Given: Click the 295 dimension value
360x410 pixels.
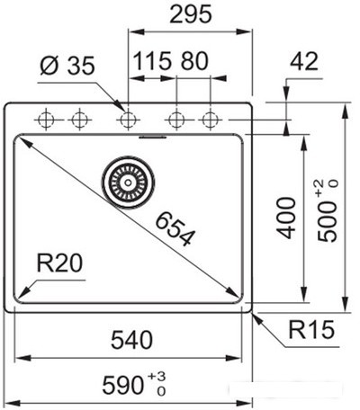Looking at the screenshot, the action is click(191, 14).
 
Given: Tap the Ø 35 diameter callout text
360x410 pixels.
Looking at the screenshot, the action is click(67, 65).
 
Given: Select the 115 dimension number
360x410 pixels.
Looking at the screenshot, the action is click(152, 61).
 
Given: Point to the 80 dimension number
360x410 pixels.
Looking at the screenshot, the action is click(194, 61).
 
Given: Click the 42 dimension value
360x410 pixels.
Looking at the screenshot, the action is click(304, 61).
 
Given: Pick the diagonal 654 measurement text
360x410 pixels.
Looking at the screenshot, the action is click(175, 228).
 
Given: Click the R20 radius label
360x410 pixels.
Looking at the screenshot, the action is click(59, 263).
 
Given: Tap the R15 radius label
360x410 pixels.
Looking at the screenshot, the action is click(311, 330).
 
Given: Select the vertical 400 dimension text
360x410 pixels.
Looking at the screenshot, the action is click(286, 218).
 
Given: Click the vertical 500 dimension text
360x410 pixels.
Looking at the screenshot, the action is click(328, 221).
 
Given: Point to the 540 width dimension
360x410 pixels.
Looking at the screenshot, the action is click(132, 340).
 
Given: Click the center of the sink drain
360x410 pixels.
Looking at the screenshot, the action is click(128, 183).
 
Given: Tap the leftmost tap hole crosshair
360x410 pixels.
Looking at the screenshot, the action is click(46, 120).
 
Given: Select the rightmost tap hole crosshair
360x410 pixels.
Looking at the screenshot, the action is click(210, 120).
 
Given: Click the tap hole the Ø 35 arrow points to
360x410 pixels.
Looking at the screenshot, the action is click(129, 120).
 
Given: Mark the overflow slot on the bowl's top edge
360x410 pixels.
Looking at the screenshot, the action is click(153, 137).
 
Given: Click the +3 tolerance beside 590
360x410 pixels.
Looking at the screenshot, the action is click(157, 376).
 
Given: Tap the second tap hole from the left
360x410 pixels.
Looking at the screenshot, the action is click(79, 120).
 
